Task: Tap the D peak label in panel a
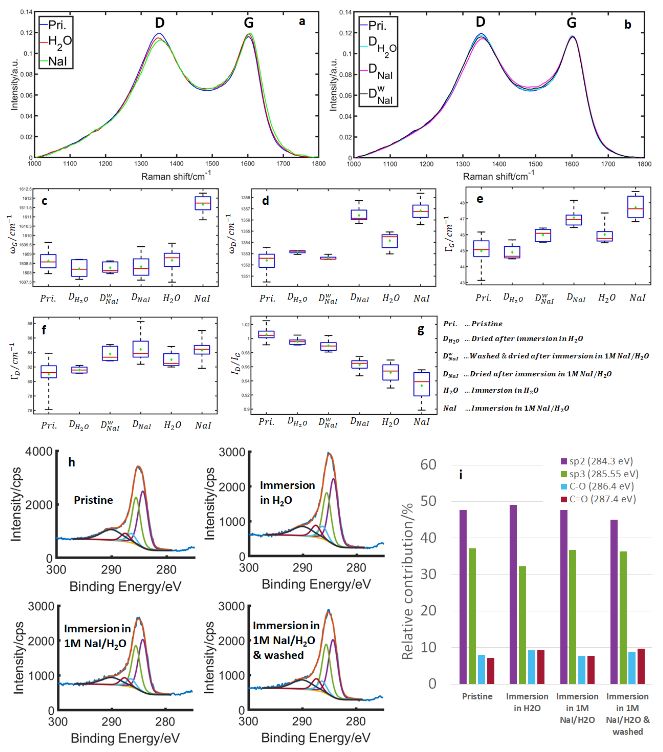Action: point(159,23)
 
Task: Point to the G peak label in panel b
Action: point(571,23)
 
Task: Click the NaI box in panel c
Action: point(202,203)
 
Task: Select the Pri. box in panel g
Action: point(267,334)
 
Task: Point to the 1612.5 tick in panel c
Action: point(25,189)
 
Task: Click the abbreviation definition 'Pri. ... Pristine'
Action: point(472,324)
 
